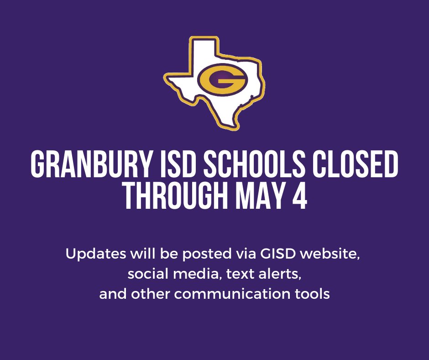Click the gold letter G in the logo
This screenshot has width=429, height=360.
[222, 81]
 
